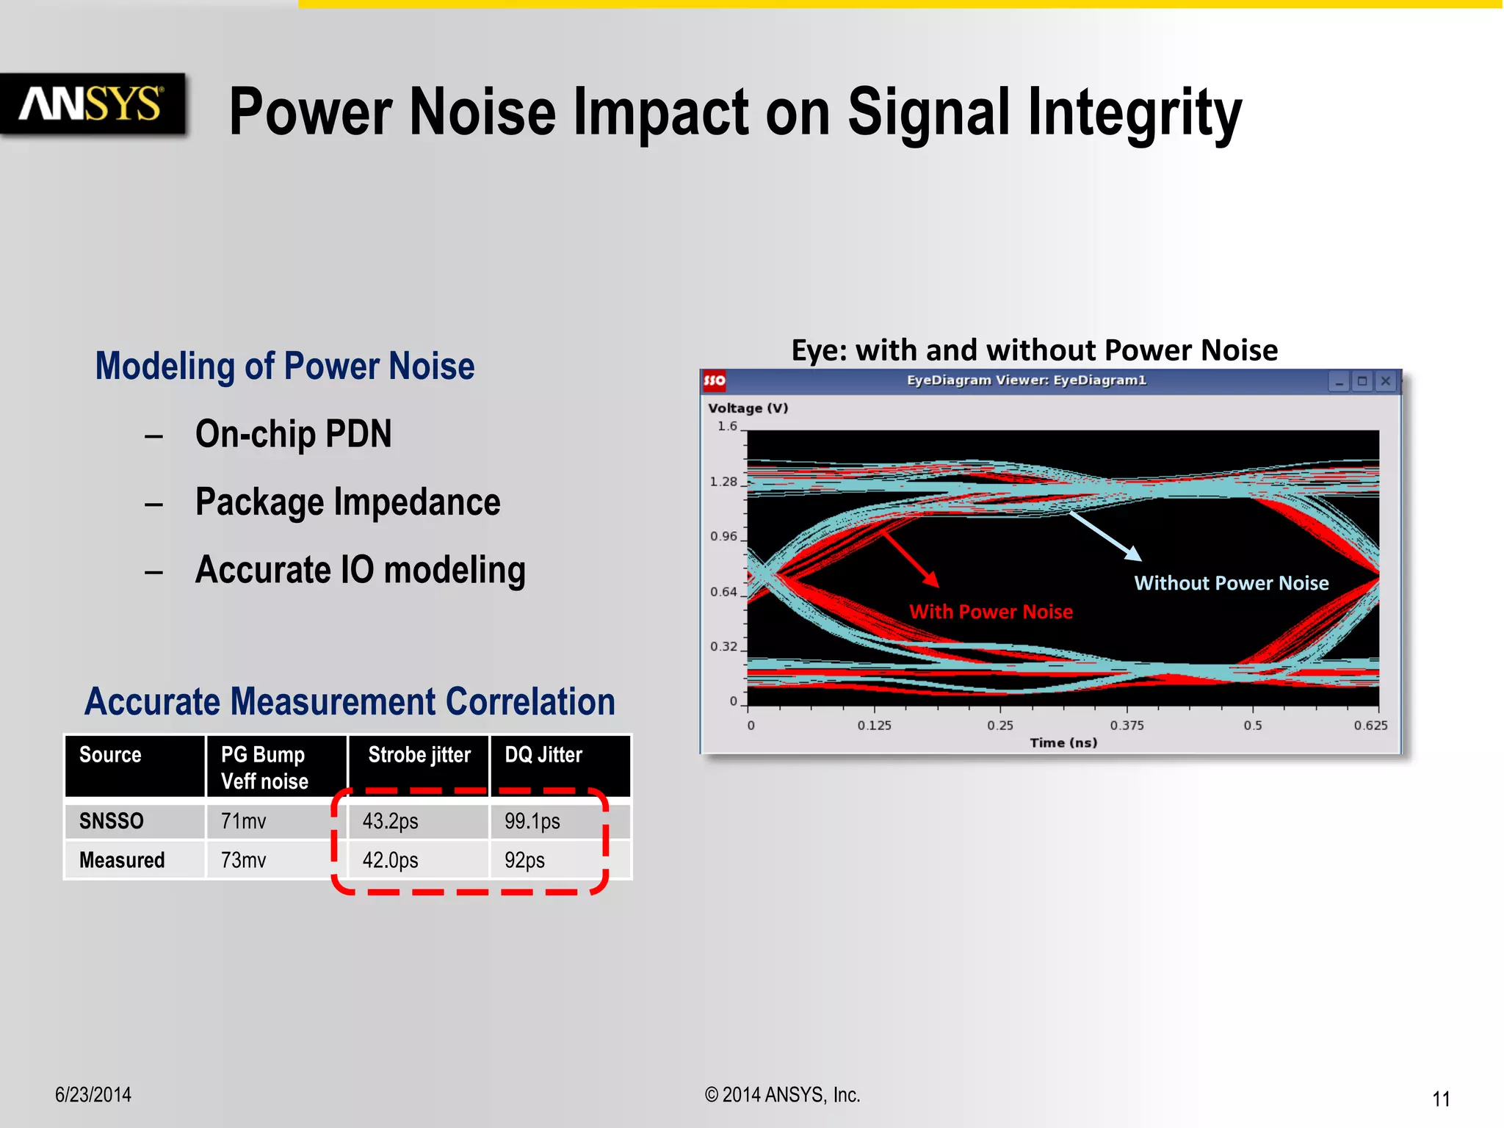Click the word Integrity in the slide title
[x=1135, y=114]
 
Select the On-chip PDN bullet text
[x=293, y=434]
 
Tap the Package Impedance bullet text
[x=347, y=502]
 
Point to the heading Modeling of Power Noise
[x=285, y=366]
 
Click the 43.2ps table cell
[x=390, y=821]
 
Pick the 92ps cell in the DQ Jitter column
[x=524, y=860]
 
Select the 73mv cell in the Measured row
[x=243, y=860]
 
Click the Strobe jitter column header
[x=419, y=755]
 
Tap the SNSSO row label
[x=112, y=821]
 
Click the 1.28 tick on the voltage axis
[x=723, y=482]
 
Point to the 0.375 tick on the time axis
[x=1127, y=726]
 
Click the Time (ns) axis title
[x=1063, y=743]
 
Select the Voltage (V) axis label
[x=748, y=408]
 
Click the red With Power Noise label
[x=991, y=612]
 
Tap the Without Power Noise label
[x=1232, y=583]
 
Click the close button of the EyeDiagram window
[x=1385, y=381]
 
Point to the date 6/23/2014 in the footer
[x=93, y=1095]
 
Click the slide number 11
[x=1441, y=1099]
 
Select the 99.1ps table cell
[x=532, y=821]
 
